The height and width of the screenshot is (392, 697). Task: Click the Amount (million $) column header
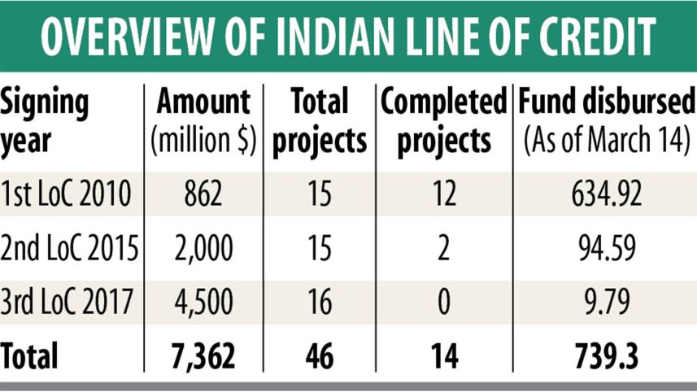[204, 122]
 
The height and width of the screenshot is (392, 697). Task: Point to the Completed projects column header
[442, 122]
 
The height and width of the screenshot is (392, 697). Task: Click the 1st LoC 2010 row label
[69, 196]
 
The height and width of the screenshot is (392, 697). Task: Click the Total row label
[30, 355]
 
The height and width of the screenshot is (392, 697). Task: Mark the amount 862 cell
[205, 196]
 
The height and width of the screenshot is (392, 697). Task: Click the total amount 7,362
[205, 355]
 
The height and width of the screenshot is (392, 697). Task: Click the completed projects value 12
[442, 196]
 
